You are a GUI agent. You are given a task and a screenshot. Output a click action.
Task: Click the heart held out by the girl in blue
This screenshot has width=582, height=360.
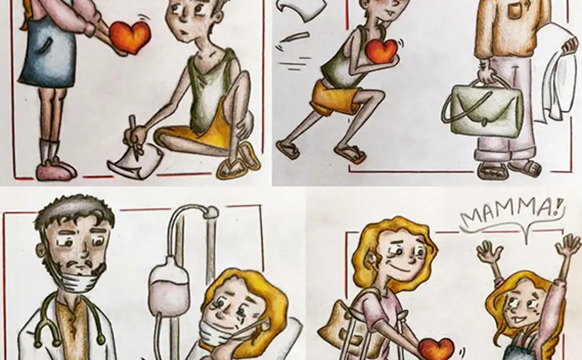130,37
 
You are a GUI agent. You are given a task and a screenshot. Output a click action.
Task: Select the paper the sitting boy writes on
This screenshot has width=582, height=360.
135,162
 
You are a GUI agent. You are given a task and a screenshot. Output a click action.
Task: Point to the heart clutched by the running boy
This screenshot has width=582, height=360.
381,50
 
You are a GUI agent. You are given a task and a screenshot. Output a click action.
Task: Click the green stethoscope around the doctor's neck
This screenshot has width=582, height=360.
70,322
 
